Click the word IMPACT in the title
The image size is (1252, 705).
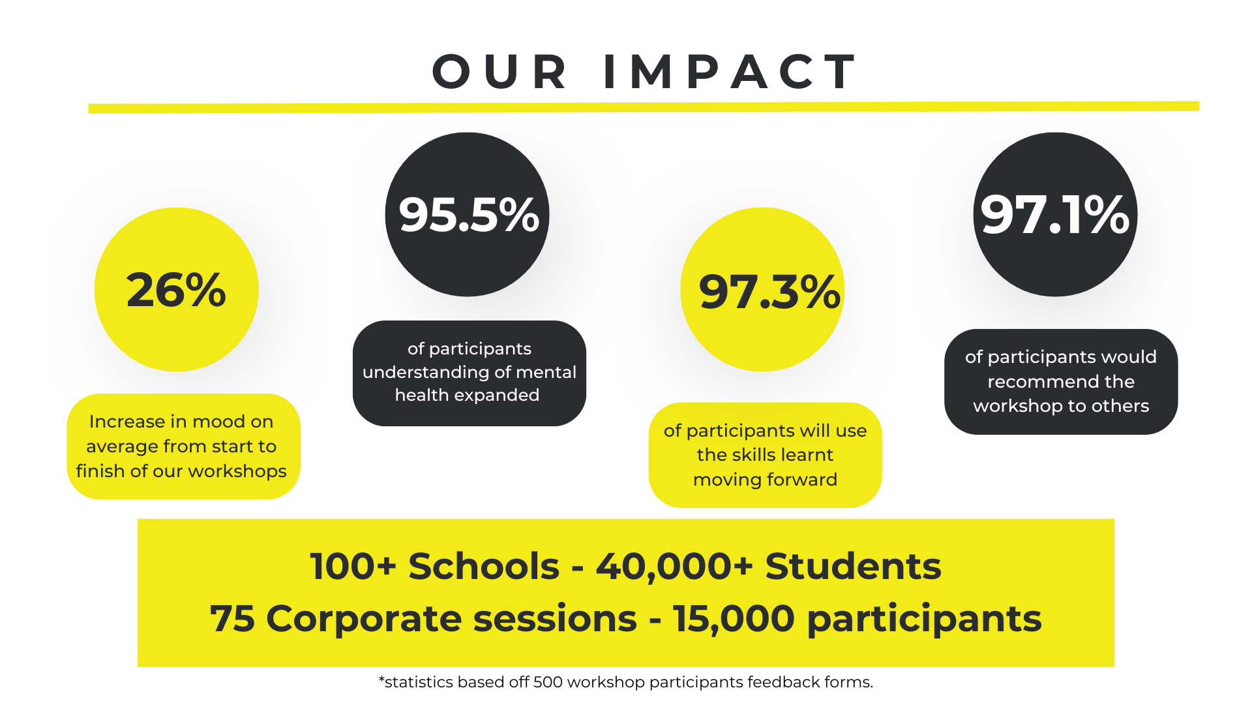click(x=730, y=71)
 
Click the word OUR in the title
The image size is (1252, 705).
click(x=499, y=71)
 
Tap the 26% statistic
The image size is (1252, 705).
click(x=176, y=290)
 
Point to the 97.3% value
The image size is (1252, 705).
click(x=769, y=291)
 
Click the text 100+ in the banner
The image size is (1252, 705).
click(x=353, y=566)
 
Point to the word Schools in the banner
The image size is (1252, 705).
click(x=484, y=566)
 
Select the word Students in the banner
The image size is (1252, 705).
click(x=853, y=566)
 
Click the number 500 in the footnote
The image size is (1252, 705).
click(x=548, y=682)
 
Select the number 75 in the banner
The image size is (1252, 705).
click(x=232, y=619)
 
